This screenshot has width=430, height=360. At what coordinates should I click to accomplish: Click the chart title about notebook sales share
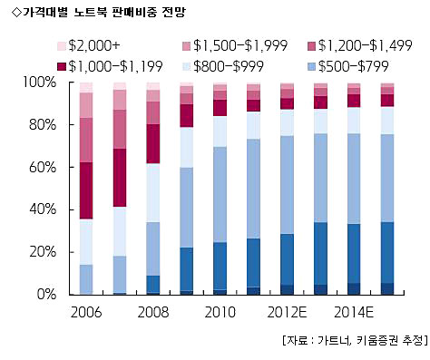coord(98,13)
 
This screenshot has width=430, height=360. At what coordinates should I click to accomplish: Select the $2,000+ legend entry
coord(89,46)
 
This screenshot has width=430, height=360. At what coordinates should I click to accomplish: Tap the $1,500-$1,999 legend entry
coord(235,46)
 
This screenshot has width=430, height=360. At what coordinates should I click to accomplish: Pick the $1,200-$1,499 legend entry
coord(360,46)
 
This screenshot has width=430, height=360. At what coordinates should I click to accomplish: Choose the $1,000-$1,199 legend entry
coord(111,66)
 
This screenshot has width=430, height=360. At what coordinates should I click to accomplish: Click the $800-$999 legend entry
coord(223,66)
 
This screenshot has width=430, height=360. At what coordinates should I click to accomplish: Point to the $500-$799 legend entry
coord(348,66)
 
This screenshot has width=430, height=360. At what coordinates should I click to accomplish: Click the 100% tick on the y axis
coord(40,83)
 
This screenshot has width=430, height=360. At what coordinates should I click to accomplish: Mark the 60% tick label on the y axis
coord(43,167)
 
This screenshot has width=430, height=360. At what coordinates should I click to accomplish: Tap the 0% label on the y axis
coord(46,294)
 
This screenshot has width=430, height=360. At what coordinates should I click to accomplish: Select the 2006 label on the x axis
coord(86,312)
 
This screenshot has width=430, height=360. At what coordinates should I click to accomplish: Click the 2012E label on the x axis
coord(287,312)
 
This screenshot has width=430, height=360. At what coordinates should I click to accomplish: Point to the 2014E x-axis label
coord(354,312)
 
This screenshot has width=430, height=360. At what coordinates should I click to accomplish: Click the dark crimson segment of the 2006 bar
coord(86,190)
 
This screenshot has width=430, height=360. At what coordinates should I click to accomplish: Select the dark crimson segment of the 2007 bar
coord(120,178)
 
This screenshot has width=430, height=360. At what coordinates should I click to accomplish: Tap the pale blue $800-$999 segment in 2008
coord(153,193)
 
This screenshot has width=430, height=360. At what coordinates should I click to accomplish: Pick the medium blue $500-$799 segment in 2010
coord(220,194)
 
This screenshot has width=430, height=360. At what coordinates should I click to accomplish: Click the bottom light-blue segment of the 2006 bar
coord(86,279)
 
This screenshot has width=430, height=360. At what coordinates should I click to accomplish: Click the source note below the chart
coord(355,340)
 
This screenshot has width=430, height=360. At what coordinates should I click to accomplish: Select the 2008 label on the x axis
coord(153,312)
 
